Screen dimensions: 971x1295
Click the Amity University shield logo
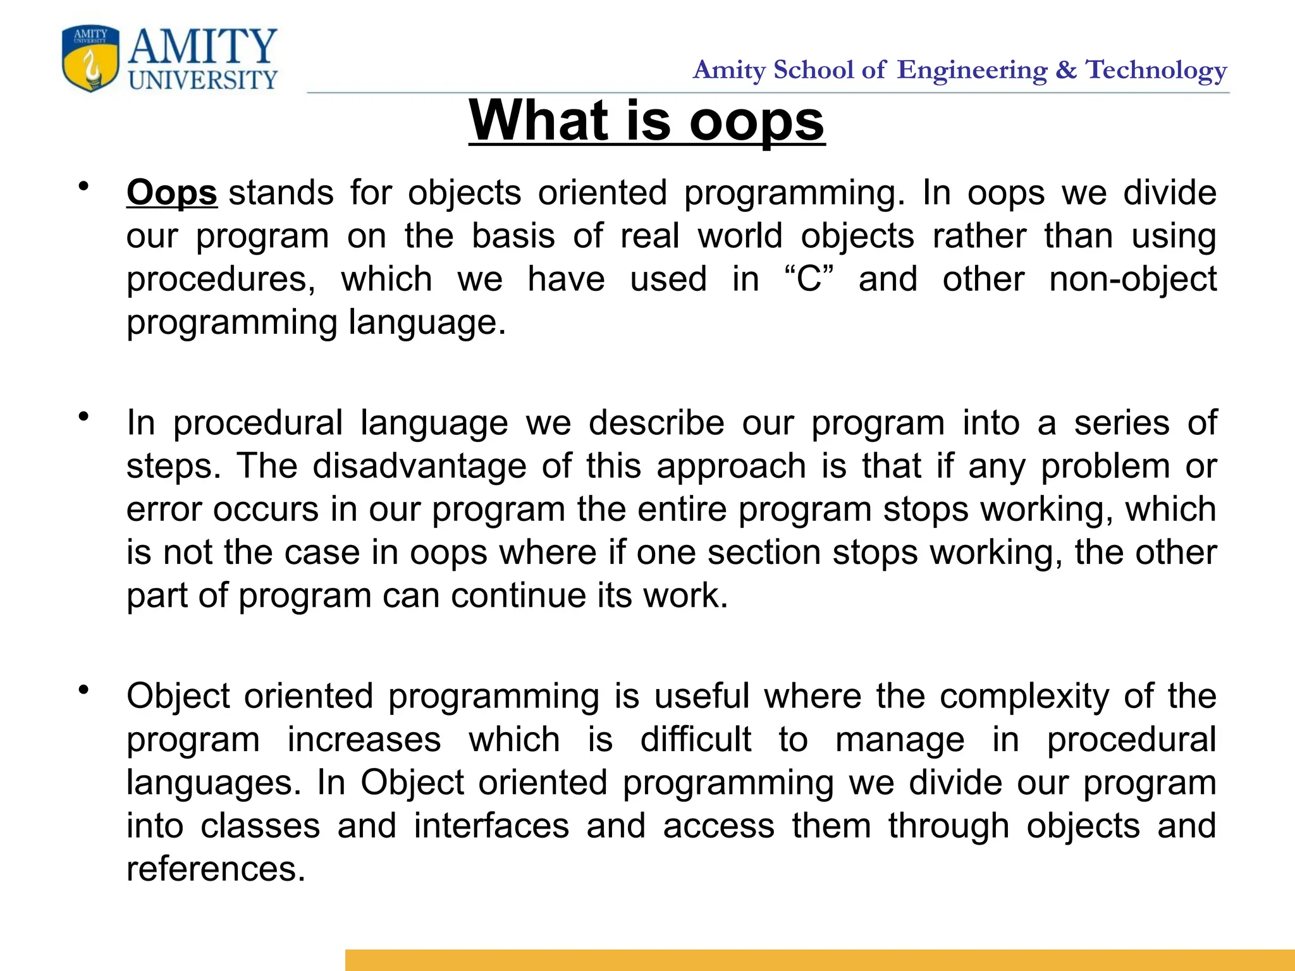point(90,59)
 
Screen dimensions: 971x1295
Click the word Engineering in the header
point(972,70)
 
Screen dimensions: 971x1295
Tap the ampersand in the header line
point(1066,70)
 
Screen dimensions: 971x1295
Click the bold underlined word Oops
point(171,193)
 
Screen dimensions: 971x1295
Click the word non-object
point(1132,279)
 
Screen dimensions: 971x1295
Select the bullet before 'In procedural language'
point(83,417)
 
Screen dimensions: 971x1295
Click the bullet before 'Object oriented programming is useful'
point(83,690)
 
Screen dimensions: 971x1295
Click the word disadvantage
point(419,467)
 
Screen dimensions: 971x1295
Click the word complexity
point(1024,697)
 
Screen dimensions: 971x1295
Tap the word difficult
point(696,740)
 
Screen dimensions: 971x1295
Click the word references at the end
point(216,869)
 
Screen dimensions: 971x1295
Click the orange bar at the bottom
point(819,960)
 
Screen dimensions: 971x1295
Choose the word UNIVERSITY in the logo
point(202,80)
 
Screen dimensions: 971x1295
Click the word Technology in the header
point(1157,70)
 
